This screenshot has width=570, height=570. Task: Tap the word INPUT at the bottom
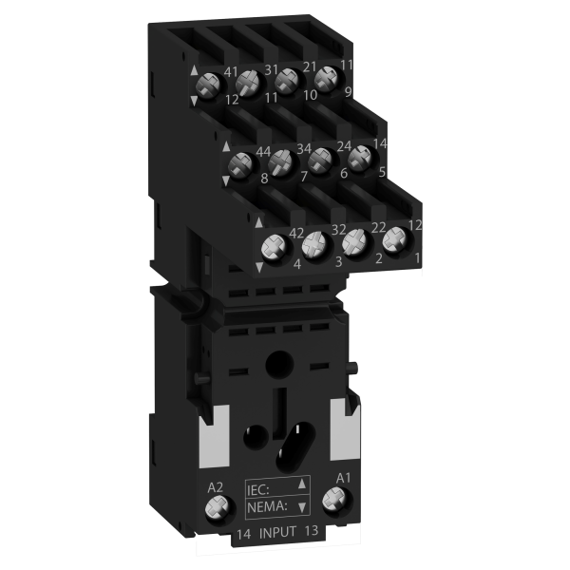[277, 532]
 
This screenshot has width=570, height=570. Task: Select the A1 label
[343, 479]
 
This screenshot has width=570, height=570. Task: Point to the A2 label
[215, 488]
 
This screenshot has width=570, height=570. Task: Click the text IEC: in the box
[258, 490]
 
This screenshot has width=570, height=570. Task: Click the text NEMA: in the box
[267, 506]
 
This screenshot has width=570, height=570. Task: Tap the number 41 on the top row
[231, 72]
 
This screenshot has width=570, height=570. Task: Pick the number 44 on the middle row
[263, 152]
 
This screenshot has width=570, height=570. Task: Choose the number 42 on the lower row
[295, 234]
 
